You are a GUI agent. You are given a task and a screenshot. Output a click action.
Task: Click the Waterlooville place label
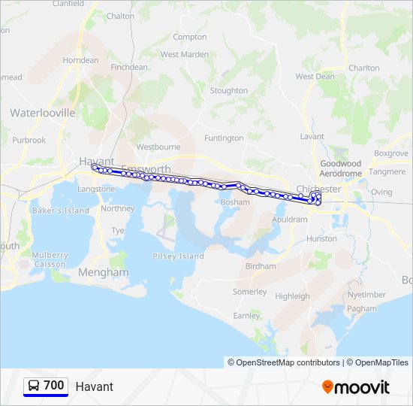pos(43,113)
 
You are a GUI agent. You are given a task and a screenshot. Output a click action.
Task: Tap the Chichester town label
pos(319,189)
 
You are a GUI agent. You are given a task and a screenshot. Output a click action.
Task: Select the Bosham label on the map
pos(235,202)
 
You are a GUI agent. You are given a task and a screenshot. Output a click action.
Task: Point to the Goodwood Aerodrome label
pos(341,168)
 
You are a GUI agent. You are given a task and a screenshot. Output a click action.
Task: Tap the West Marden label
pos(185,54)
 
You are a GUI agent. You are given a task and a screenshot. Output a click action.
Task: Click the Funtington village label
pos(224,138)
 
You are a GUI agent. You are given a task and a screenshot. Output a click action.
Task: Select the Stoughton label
pos(229,91)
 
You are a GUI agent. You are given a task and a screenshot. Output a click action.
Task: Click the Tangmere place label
pos(387,172)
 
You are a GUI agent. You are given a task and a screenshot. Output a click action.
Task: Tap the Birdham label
pos(261,266)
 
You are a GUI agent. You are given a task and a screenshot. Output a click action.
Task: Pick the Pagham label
pos(363,309)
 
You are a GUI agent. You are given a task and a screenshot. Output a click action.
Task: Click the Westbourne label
pos(158,147)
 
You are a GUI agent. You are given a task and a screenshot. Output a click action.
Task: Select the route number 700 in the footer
pos(53,386)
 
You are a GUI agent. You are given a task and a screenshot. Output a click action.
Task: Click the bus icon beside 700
pos(34,386)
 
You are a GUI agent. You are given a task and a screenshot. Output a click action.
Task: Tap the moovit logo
pos(356,387)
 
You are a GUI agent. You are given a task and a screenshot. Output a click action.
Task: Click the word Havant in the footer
pos(95,386)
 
